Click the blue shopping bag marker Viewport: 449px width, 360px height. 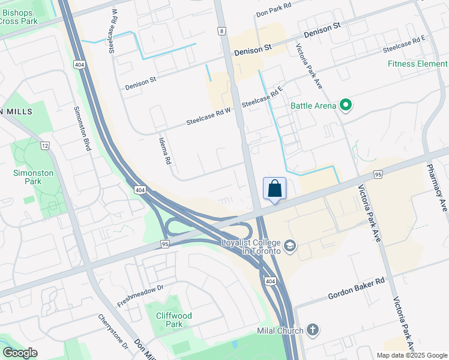[274, 188]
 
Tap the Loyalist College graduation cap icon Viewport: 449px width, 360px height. [290, 246]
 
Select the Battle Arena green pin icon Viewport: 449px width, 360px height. [345, 106]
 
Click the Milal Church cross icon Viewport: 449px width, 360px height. [312, 329]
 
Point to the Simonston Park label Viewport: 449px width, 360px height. [34, 178]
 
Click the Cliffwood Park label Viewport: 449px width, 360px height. [173, 320]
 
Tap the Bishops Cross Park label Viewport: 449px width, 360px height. [19, 17]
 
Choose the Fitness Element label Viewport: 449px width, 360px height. [417, 64]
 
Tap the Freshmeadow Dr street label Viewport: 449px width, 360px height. [140, 296]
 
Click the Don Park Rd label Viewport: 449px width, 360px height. [273, 13]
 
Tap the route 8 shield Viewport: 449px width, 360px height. [222, 31]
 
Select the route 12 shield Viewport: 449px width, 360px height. [45, 146]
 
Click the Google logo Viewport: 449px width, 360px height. [20, 353]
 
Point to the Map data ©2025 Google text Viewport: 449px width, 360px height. [411, 355]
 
